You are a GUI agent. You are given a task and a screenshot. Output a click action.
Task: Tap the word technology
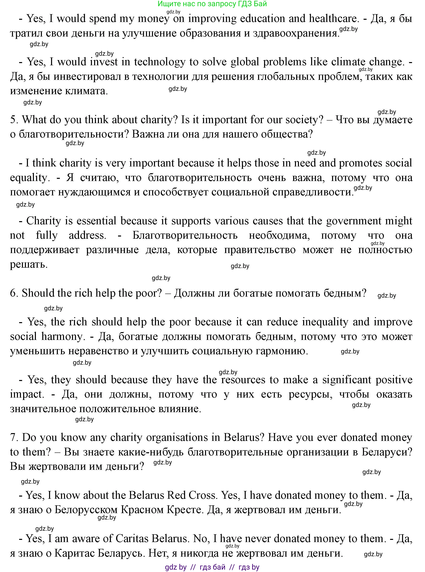(x=159, y=62)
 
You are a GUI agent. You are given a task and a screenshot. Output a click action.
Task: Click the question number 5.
(x=13, y=120)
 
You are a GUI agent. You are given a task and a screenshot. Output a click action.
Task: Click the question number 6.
(x=13, y=293)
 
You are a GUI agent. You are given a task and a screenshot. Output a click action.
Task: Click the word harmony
(x=63, y=336)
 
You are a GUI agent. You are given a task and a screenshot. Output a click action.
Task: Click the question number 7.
(x=13, y=438)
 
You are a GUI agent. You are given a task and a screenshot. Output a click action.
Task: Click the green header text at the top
(x=212, y=4)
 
